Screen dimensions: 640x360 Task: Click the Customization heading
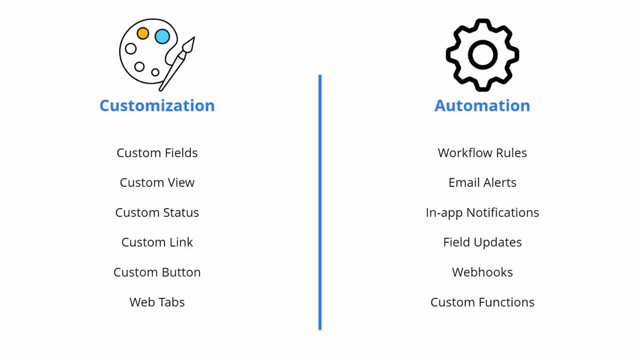157,106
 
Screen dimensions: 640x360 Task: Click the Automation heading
482,106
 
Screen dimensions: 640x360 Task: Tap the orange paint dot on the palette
143,34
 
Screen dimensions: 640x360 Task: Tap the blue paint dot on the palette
162,36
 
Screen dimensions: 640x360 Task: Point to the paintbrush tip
194,38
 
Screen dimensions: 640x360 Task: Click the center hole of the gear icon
482,55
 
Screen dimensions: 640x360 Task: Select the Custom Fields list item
157,153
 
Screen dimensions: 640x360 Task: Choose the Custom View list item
157,182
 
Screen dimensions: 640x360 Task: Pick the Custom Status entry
157,212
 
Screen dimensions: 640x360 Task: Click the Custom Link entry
157,242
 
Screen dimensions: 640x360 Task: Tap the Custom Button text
157,272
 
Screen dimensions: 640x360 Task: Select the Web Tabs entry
157,302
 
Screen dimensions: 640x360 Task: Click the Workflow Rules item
482,153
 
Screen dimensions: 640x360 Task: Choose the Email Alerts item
482,182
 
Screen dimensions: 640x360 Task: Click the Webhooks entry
482,272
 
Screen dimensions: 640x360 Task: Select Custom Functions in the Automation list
482,302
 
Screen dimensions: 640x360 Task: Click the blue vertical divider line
320,202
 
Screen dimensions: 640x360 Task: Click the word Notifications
503,212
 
